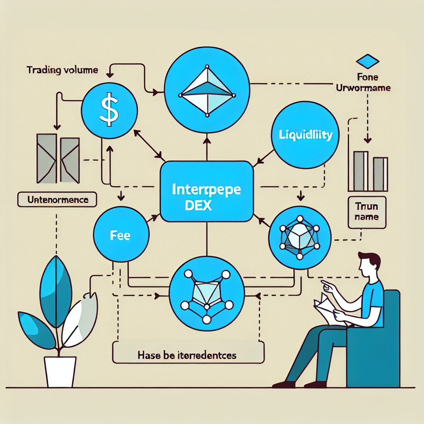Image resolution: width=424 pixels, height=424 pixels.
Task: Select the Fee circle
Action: pos(120,236)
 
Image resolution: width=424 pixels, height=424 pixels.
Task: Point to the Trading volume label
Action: pos(62,70)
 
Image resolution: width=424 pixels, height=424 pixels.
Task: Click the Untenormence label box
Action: pos(58,200)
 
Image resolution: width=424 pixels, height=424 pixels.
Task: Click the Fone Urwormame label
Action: pos(367,82)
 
